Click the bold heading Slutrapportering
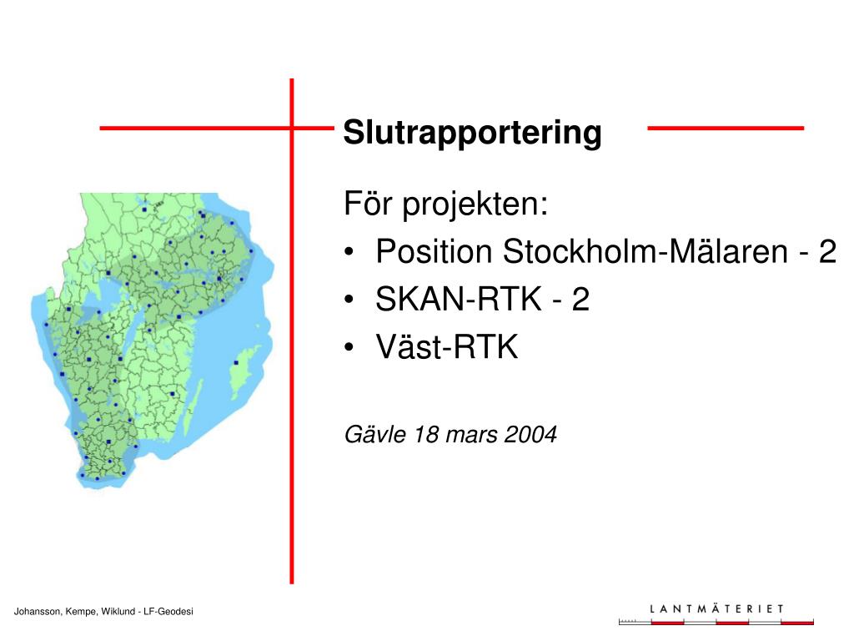coord(472,132)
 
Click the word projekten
coord(475,205)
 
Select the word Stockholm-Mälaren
coord(646,251)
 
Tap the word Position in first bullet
coord(434,251)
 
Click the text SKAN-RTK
coord(459,299)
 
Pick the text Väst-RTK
coord(447,346)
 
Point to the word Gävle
coord(375,434)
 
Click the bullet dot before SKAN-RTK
coord(349,300)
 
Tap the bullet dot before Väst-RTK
coord(349,346)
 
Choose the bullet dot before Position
coord(349,252)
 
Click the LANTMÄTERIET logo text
coord(716,608)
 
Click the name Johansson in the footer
coord(38,612)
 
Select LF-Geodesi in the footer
coord(168,612)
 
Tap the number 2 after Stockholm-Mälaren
coord(827,251)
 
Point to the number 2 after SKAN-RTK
coord(580,299)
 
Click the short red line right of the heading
coord(726,128)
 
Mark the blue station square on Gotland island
coord(236,362)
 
